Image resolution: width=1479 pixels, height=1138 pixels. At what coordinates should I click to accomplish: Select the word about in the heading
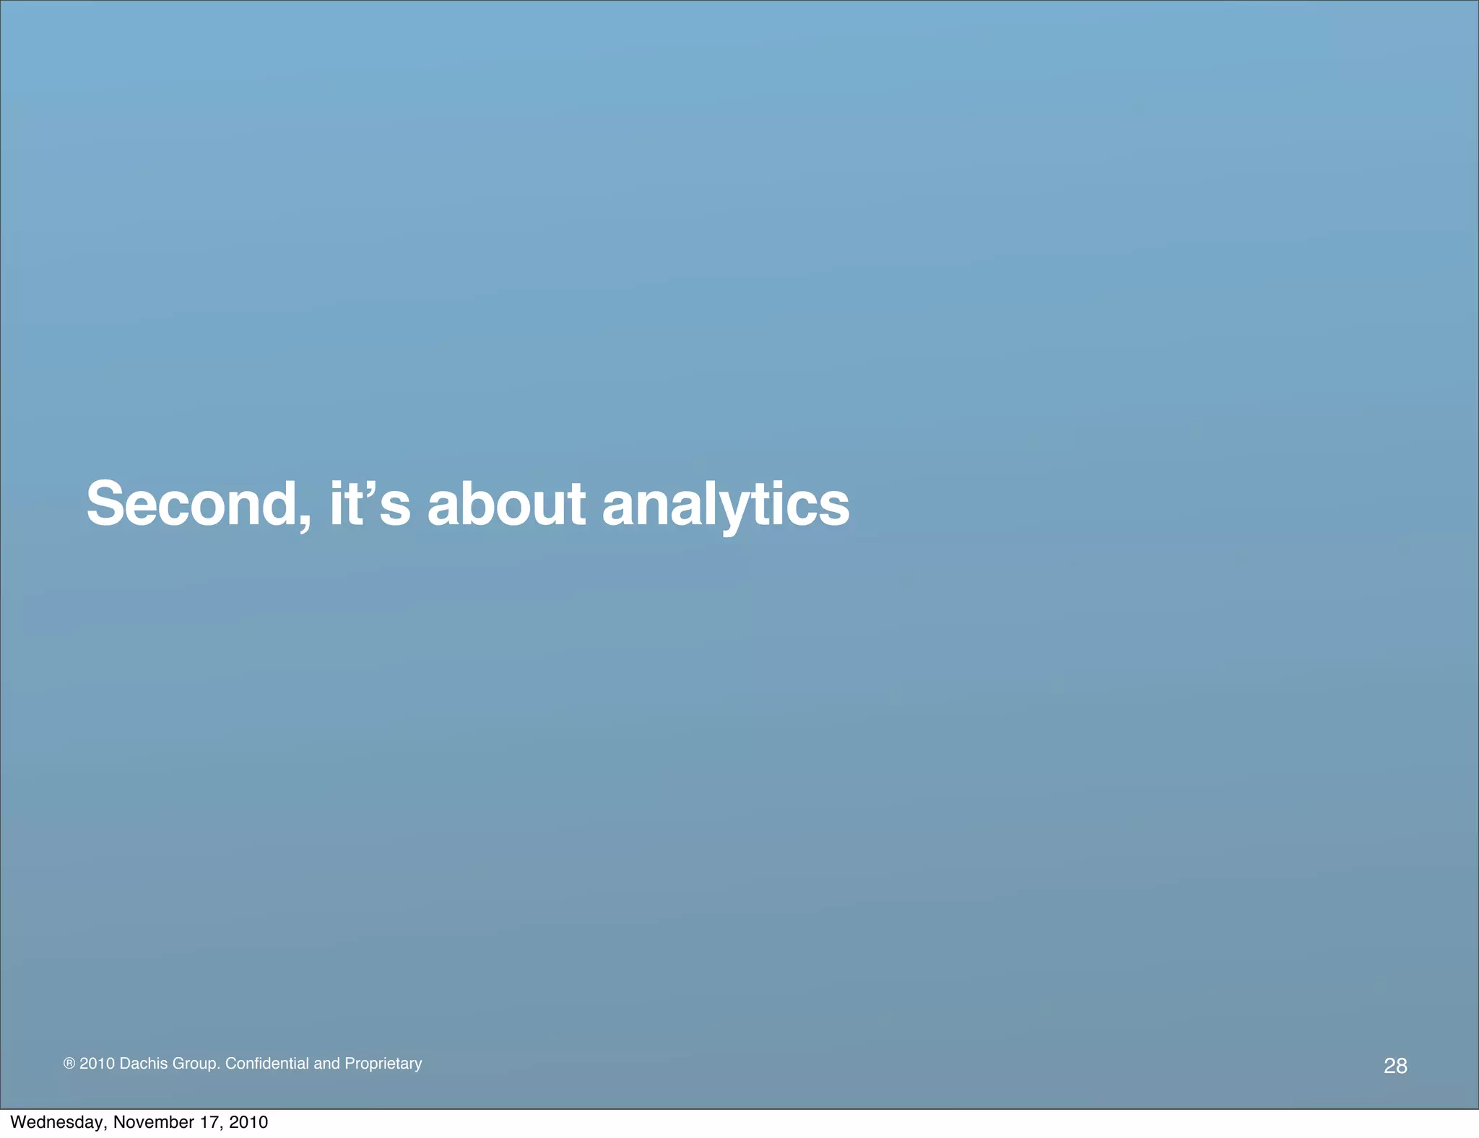tap(506, 503)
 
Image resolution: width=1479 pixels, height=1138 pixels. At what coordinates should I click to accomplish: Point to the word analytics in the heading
tap(726, 505)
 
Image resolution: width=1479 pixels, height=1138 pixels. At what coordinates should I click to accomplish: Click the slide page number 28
tap(1395, 1066)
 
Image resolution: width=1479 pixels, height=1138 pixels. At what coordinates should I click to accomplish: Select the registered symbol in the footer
tap(69, 1064)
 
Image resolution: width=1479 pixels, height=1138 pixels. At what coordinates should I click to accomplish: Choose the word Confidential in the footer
tap(267, 1064)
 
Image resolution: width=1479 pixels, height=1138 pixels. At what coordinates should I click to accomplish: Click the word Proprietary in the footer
tap(383, 1064)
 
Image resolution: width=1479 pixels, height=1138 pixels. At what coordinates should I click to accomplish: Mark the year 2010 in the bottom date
tap(248, 1122)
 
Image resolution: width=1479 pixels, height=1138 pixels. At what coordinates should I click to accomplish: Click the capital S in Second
tap(105, 503)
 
